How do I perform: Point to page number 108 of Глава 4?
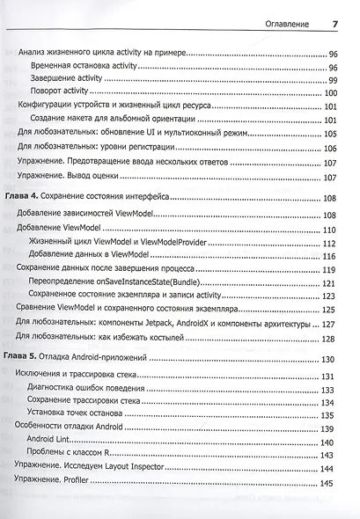coord(331,201)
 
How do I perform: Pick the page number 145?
coord(331,483)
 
